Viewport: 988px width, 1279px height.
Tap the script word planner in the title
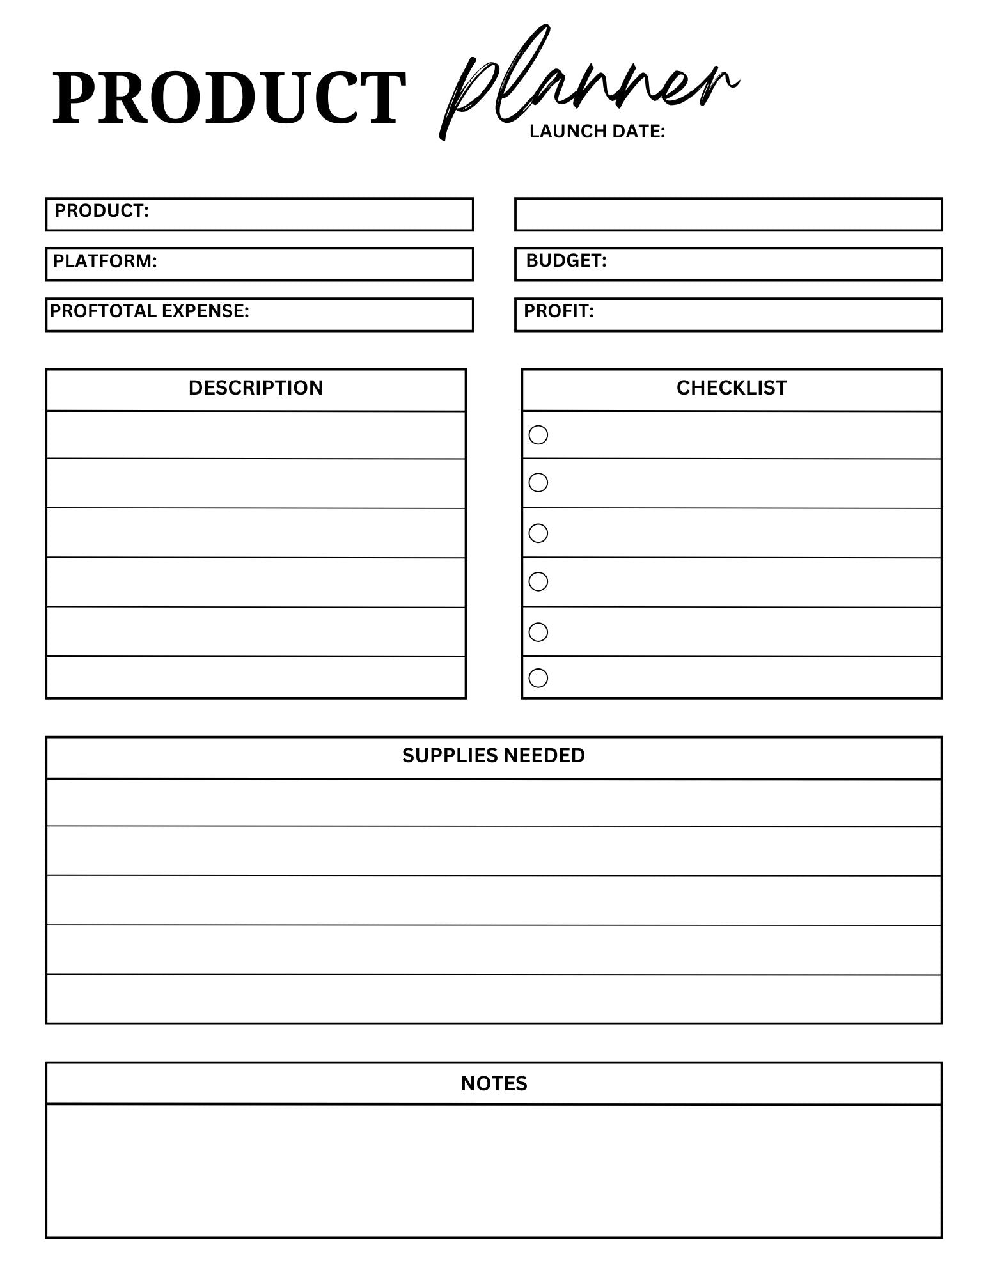click(588, 83)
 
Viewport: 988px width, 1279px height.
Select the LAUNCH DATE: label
click(597, 131)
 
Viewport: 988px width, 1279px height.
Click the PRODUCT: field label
click(102, 210)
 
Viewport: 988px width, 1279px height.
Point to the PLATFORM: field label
click(105, 261)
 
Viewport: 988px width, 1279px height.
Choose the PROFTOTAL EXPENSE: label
click(150, 311)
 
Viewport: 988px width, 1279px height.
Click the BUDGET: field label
click(566, 260)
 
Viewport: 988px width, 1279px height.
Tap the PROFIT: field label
click(559, 311)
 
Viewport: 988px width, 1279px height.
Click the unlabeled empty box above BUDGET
click(728, 214)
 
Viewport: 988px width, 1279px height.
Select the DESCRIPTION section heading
click(256, 388)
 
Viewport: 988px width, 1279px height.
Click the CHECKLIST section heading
click(732, 388)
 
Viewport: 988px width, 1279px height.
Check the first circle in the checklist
click(538, 435)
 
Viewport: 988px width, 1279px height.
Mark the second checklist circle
click(538, 482)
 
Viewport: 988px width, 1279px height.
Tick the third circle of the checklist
click(538, 533)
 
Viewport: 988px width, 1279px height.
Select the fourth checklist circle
click(538, 581)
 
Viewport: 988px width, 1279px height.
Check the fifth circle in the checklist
click(538, 632)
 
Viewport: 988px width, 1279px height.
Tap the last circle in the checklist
click(538, 677)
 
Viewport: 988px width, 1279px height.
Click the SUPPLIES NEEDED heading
click(493, 755)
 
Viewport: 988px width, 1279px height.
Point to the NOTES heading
click(494, 1083)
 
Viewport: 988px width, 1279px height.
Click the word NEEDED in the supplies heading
click(544, 755)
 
